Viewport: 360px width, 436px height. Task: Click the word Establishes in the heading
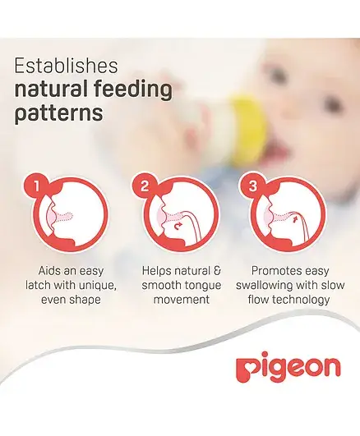tap(67, 66)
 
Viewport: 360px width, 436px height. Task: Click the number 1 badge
tap(36, 186)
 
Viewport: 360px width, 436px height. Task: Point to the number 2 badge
tap(144, 186)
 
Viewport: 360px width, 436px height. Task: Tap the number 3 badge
tap(252, 186)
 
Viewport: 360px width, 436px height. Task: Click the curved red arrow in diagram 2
tap(178, 227)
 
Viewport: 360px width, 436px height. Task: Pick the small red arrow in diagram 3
tap(295, 220)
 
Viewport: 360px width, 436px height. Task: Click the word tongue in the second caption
tap(204, 286)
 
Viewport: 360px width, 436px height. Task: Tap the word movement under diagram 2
tap(182, 300)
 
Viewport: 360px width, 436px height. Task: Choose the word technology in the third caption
tap(302, 301)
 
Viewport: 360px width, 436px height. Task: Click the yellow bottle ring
tap(249, 127)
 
